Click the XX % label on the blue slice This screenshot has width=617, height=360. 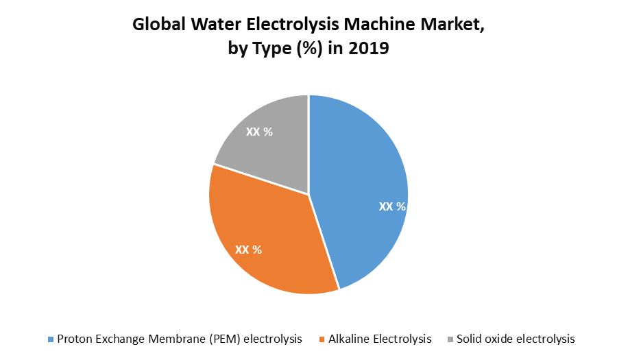click(x=392, y=206)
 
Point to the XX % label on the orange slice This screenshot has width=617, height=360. click(x=248, y=250)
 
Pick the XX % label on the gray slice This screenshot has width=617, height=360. click(x=259, y=132)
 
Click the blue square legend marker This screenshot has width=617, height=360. click(x=50, y=339)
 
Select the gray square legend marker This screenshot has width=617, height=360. click(x=450, y=339)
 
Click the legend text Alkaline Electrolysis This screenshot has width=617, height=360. click(x=380, y=339)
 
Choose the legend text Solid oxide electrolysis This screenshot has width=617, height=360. click(x=516, y=339)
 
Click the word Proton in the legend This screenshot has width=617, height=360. click(x=76, y=339)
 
